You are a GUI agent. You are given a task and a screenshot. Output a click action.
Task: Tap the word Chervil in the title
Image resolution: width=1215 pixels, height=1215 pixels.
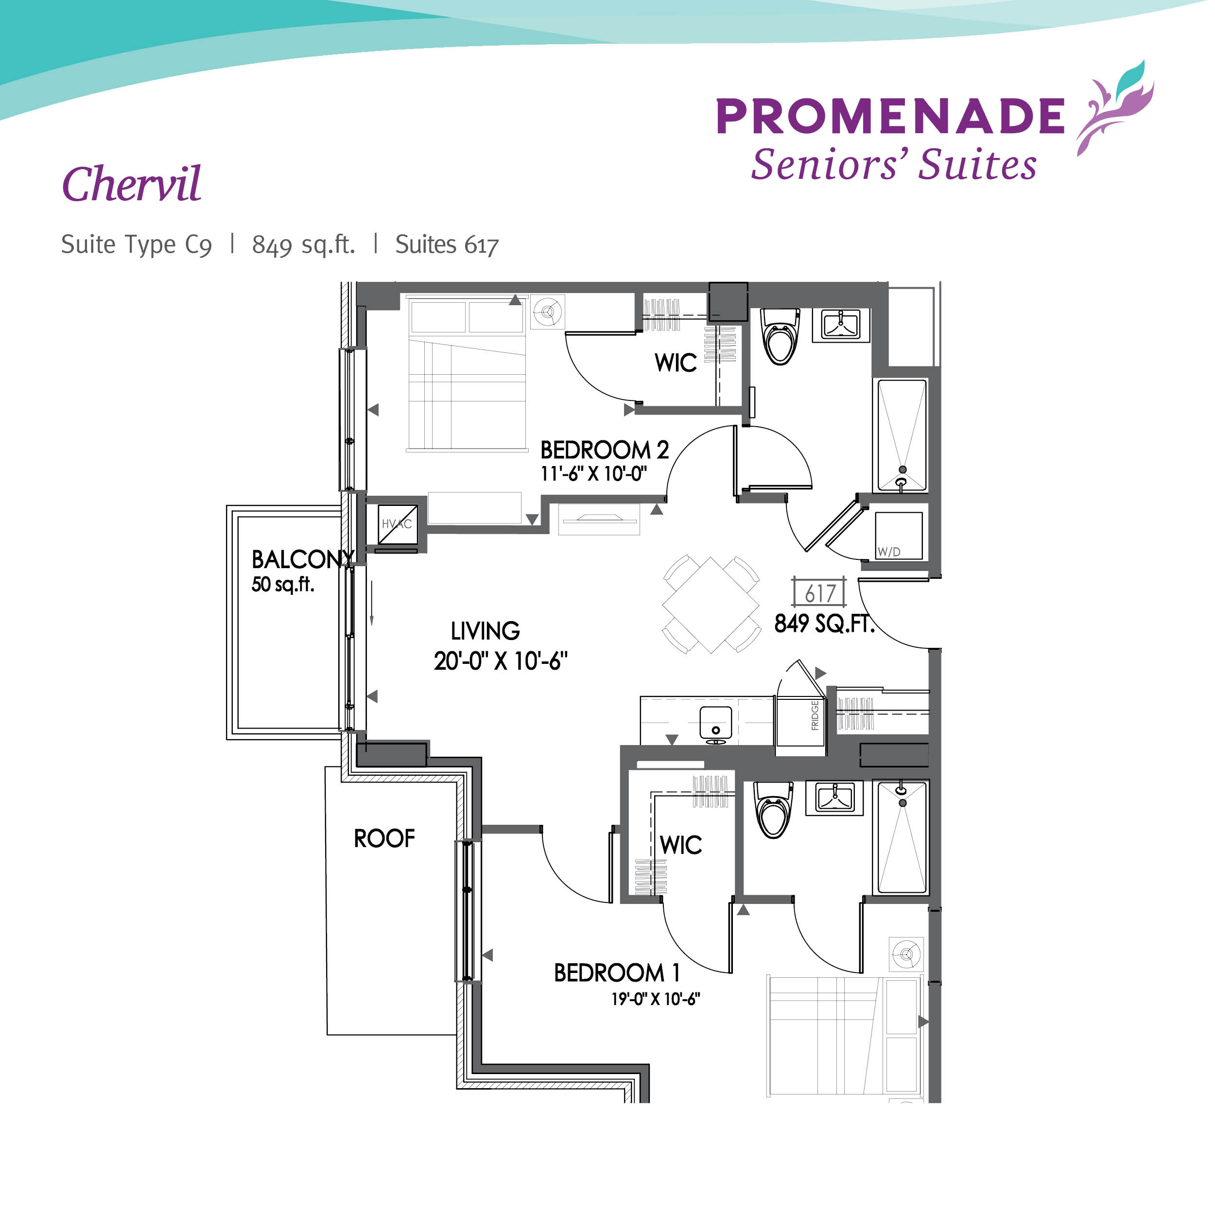[132, 185]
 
